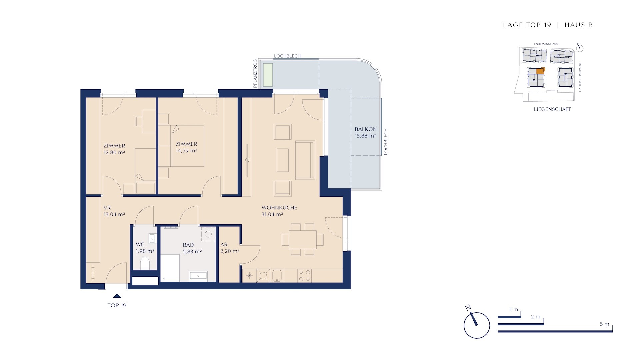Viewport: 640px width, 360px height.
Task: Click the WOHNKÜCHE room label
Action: pos(279,207)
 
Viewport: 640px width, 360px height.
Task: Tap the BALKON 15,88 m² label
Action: pos(365,132)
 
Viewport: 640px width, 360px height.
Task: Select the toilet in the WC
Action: pos(145,263)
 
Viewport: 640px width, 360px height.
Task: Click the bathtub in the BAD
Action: pos(170,268)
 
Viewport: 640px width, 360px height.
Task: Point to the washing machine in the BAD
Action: pos(208,234)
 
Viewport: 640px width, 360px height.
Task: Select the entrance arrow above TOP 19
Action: pos(117,296)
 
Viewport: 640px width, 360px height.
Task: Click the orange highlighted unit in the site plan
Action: pos(540,71)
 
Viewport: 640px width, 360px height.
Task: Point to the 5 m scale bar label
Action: pos(604,324)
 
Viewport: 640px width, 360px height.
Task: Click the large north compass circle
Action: pos(477,325)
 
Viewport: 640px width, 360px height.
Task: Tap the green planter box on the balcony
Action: pos(268,75)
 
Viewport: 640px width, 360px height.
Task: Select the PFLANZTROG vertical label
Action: pos(255,73)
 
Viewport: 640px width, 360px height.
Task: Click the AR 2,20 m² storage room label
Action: pos(230,248)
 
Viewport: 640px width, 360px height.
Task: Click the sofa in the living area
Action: pos(305,160)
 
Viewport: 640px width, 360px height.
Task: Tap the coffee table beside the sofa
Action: pos(283,160)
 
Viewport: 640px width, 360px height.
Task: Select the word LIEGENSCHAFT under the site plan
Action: pos(552,109)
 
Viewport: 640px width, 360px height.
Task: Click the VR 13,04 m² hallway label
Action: pos(114,211)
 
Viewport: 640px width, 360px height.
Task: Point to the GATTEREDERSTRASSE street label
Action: pos(580,77)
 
